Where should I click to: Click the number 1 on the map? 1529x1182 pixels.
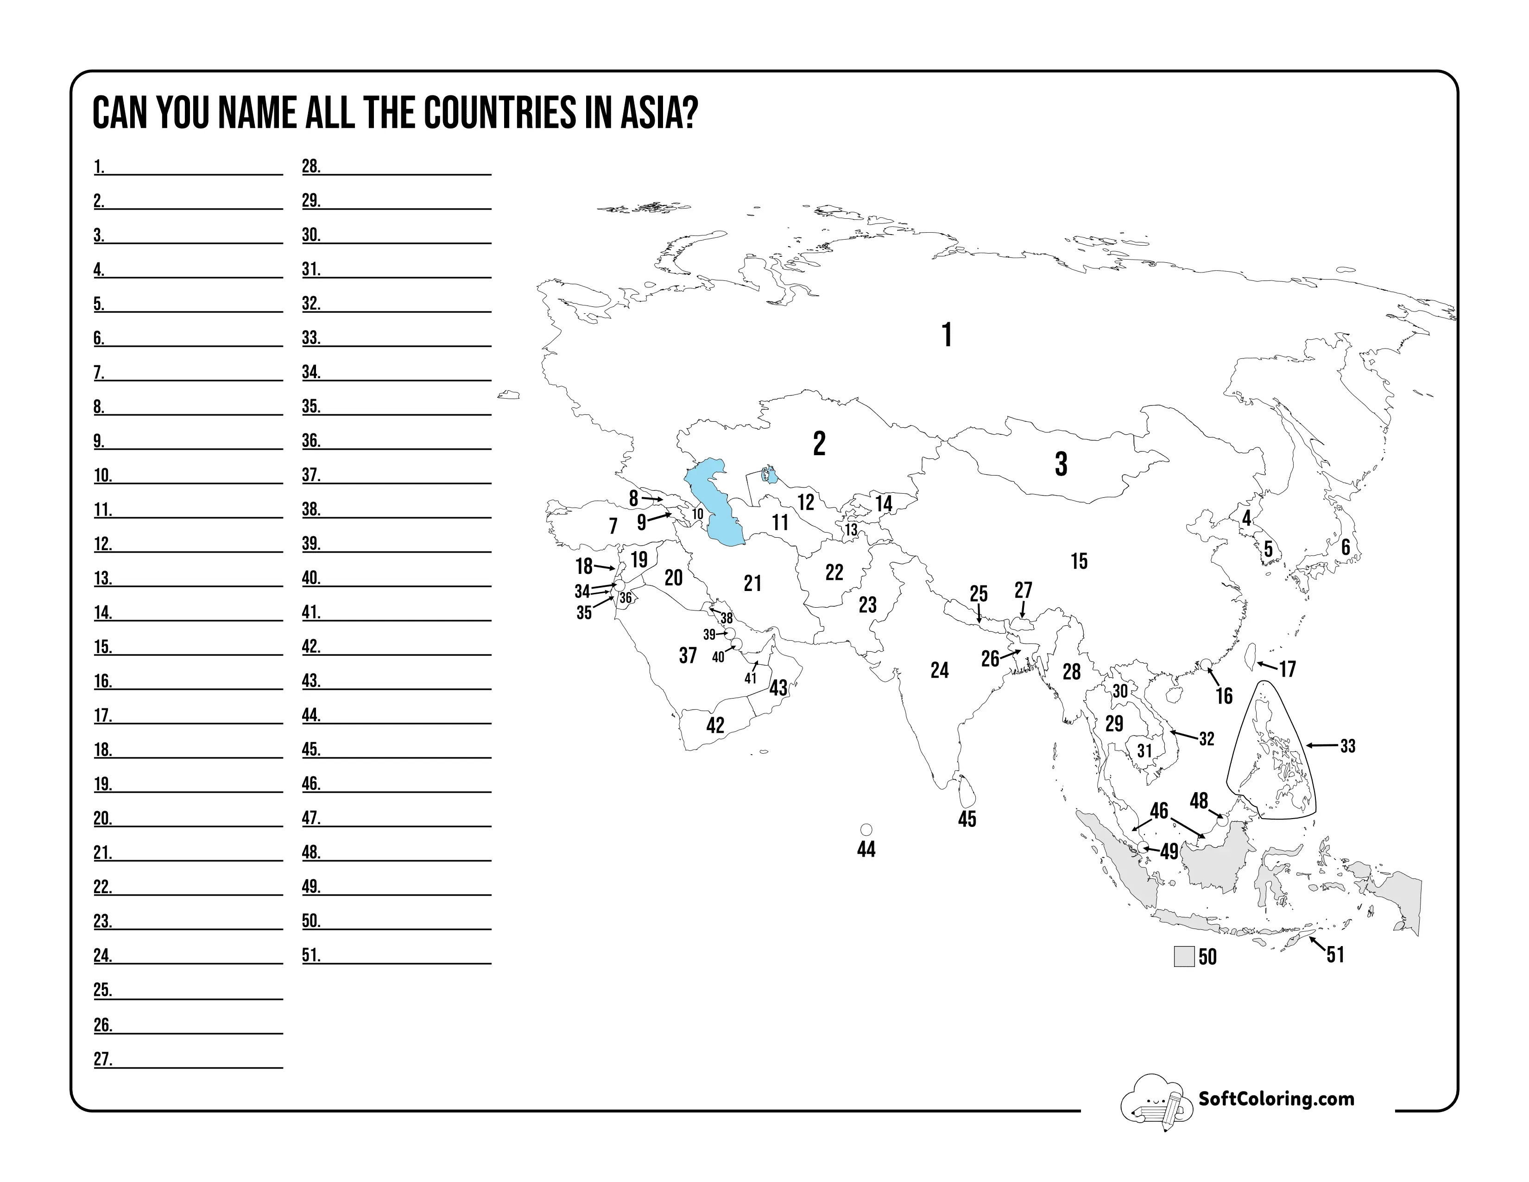(947, 336)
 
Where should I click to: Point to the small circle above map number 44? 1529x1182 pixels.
(866, 830)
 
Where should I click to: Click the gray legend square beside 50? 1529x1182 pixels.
(1184, 957)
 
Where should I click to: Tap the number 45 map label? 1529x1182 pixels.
(967, 819)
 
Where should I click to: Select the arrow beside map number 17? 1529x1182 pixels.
(1267, 665)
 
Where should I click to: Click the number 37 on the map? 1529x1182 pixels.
(688, 655)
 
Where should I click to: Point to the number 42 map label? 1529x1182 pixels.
(715, 725)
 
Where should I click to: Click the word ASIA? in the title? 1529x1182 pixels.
(659, 114)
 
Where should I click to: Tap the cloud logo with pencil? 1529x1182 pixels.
(1155, 1101)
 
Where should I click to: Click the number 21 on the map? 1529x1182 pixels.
(752, 583)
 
